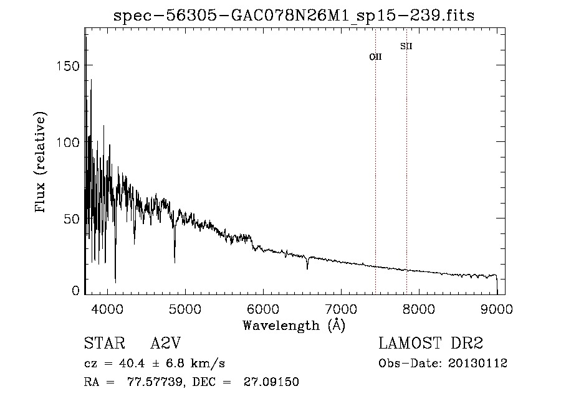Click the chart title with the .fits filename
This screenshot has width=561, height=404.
(294, 16)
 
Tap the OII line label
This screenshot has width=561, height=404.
(375, 57)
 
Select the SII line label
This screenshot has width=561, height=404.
(406, 46)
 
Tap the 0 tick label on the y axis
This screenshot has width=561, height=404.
(75, 291)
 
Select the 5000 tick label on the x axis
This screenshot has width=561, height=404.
(185, 308)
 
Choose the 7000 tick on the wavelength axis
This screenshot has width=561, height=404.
(341, 308)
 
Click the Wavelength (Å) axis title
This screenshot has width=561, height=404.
(294, 324)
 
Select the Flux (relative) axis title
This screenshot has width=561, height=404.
(42, 164)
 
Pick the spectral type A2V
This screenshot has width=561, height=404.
(165, 344)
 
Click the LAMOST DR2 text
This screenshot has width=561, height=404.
(431, 344)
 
